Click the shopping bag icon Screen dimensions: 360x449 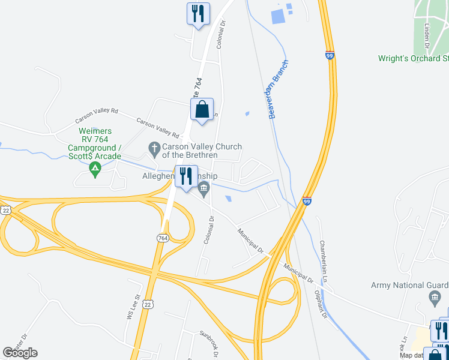click(202, 110)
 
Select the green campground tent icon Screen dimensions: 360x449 click(94, 171)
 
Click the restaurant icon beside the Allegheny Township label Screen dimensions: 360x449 click(185, 176)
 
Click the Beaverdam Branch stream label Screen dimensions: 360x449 click(279, 89)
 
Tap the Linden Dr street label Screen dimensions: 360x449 click(427, 37)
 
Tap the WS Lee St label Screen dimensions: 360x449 click(133, 306)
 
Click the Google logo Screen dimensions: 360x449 click(20, 353)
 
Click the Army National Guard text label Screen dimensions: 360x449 click(409, 285)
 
